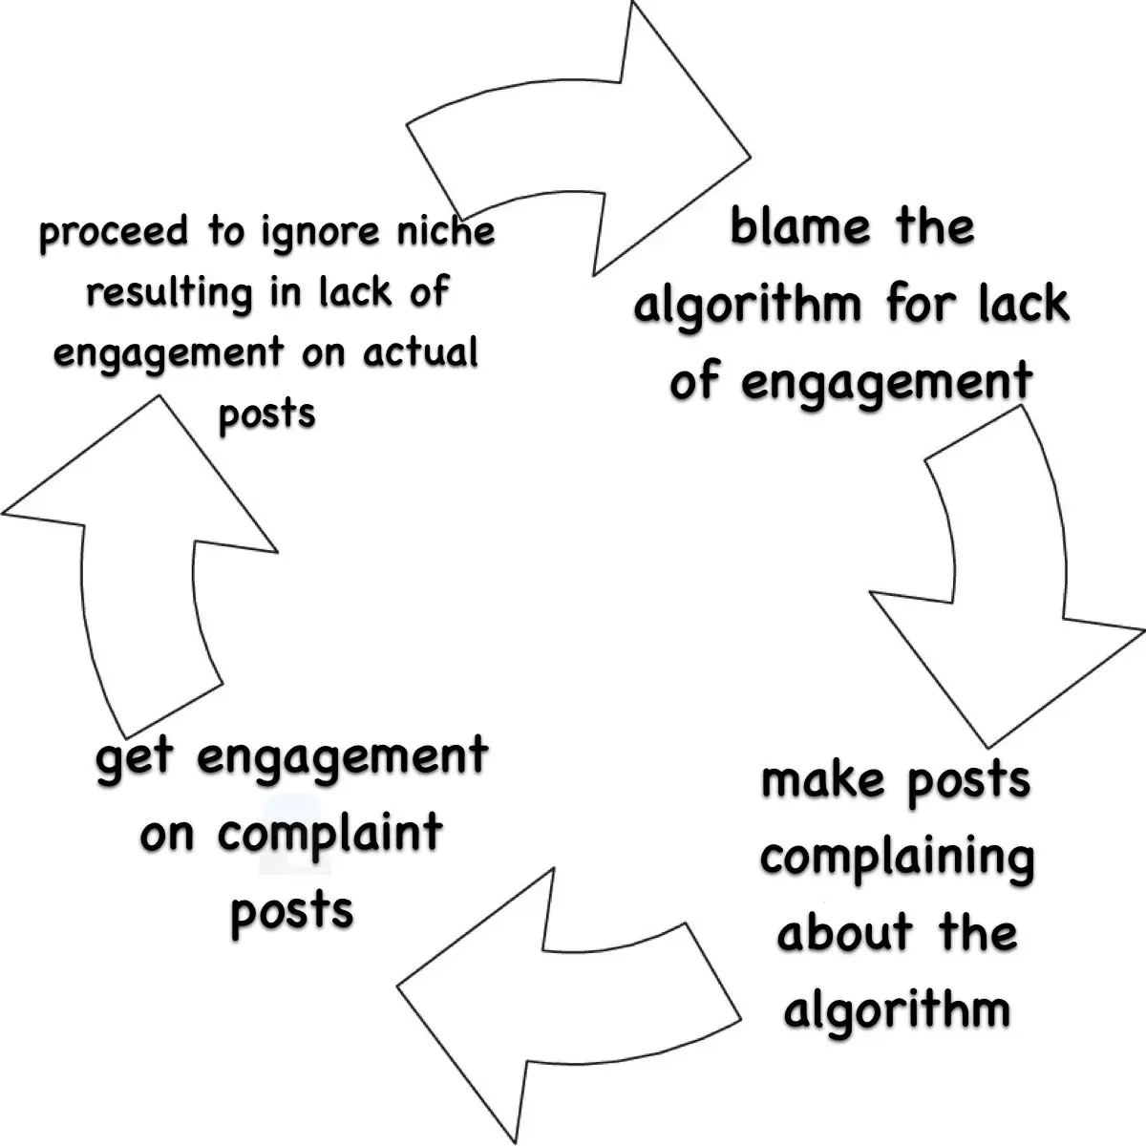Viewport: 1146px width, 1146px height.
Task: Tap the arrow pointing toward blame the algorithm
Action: [x=592, y=143]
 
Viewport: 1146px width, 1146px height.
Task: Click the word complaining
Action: [x=898, y=858]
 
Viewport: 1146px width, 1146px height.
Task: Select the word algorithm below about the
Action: [x=896, y=1009]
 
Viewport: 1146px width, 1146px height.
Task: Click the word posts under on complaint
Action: [x=291, y=910]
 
